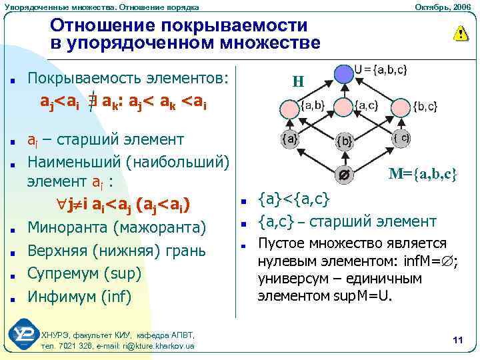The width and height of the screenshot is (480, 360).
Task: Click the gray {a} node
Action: pyautogui.click(x=291, y=139)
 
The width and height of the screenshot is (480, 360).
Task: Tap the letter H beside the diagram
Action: pyautogui.click(x=298, y=83)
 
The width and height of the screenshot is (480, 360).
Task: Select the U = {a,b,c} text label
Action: pyautogui.click(x=381, y=69)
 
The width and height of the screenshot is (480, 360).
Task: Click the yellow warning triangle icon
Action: pyautogui.click(x=460, y=34)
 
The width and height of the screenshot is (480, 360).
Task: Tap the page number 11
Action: pyautogui.click(x=457, y=341)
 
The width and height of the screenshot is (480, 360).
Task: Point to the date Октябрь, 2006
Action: pyautogui.click(x=443, y=6)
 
